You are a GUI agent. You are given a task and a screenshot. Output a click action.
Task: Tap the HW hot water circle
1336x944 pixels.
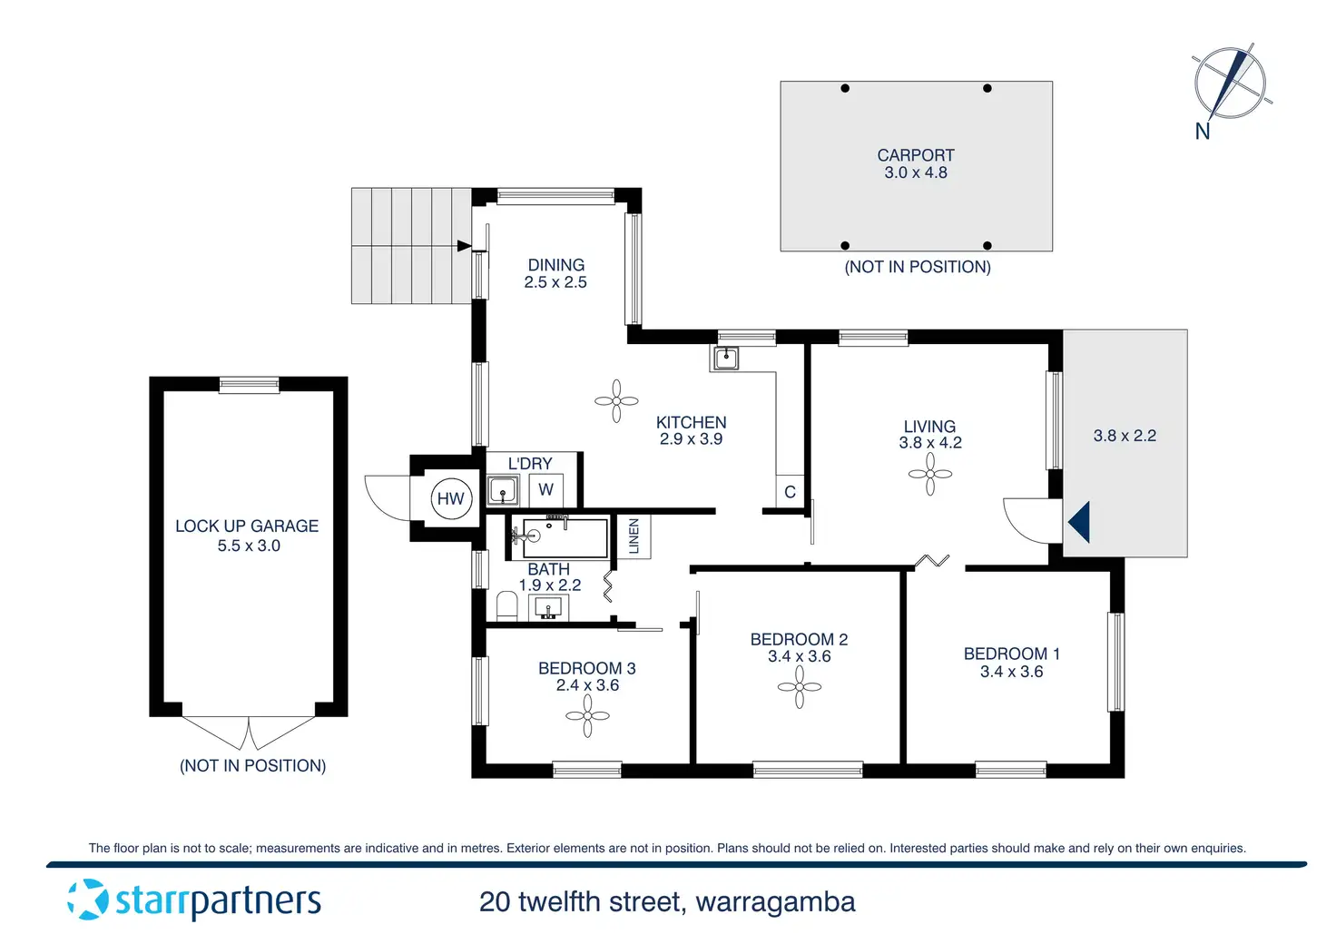450,498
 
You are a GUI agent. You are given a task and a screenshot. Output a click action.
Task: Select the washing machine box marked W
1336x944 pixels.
545,490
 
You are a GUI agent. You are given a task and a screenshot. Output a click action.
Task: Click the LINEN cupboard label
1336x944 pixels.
634,536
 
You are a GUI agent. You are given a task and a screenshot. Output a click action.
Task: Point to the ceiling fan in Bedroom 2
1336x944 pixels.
800,687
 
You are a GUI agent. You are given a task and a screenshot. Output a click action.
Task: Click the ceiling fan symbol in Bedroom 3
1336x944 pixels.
587,716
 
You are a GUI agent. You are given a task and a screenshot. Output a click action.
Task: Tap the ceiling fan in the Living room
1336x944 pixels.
930,474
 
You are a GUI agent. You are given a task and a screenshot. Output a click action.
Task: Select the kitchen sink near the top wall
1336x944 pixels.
725,359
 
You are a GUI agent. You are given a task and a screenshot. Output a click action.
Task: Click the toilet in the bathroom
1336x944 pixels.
506,605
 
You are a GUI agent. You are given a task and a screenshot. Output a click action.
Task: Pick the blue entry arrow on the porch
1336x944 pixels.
1079,523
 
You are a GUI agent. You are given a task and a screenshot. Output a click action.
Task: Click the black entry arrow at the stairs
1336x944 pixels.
464,245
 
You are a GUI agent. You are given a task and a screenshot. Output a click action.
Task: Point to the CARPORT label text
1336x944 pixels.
915,155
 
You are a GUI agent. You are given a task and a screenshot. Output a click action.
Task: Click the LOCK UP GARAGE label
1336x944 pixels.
247,526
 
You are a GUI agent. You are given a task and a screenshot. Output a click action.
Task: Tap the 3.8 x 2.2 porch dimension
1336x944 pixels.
1125,436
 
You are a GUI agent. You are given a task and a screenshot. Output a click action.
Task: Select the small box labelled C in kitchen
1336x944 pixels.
790,492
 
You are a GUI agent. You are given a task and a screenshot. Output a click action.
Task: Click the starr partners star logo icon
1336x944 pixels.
88,899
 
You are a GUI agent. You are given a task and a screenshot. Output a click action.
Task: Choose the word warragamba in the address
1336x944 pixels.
775,902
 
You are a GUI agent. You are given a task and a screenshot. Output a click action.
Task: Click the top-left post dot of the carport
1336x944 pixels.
845,88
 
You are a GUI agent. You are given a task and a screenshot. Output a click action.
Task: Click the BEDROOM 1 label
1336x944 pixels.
1011,654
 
